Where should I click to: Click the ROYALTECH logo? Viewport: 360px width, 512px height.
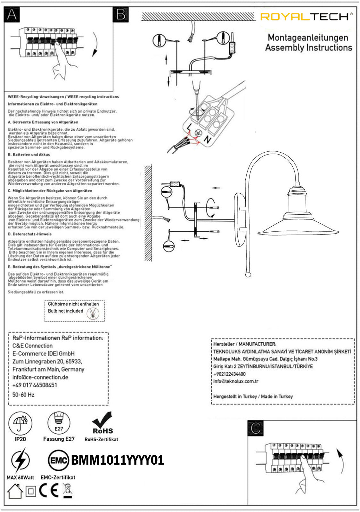(306, 17)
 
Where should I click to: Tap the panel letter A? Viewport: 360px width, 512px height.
(12, 14)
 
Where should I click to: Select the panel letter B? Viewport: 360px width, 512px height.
(121, 14)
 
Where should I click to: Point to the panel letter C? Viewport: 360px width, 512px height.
(256, 428)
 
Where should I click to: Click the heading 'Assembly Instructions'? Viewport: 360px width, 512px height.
(308, 48)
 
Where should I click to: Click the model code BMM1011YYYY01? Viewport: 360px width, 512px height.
(117, 460)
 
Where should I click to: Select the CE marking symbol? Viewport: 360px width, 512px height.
(49, 490)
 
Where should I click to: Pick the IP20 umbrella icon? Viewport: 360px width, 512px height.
(20, 423)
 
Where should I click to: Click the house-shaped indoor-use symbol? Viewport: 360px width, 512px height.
(15, 491)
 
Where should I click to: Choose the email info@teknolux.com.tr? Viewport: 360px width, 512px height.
(236, 381)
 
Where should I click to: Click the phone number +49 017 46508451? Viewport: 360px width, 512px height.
(35, 385)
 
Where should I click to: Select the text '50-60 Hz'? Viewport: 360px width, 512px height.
(23, 395)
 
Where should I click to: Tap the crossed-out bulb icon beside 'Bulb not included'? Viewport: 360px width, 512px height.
(93, 314)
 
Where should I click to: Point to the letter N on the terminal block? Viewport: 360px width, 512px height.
(207, 139)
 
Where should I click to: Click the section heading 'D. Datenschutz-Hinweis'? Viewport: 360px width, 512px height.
(29, 234)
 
